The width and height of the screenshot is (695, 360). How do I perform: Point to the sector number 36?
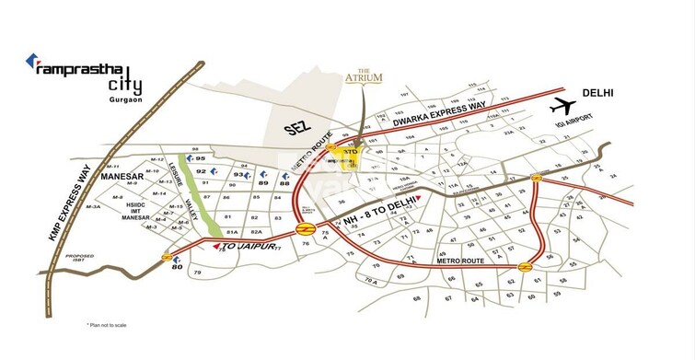click(x=341, y=203)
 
